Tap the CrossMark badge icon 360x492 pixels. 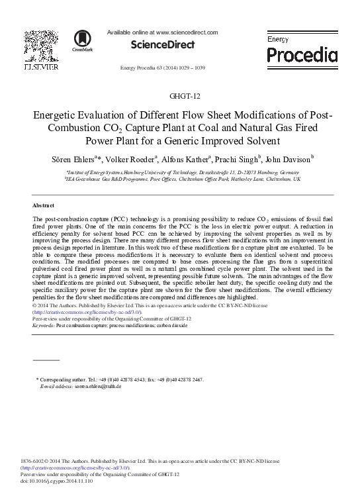83,40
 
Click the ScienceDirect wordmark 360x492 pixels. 163,44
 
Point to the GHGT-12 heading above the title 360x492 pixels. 179,96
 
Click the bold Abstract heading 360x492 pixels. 44,206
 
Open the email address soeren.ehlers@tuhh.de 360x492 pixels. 97,386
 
